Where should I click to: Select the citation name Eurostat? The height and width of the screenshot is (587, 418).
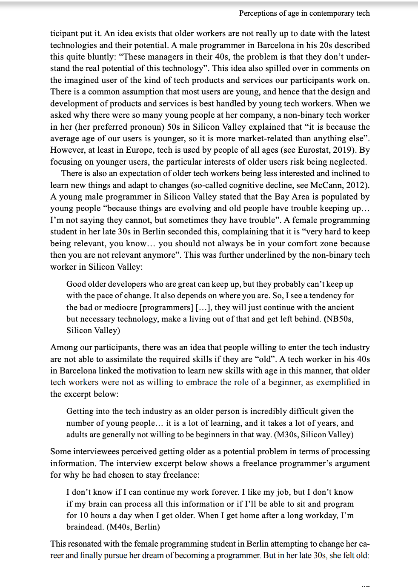314,150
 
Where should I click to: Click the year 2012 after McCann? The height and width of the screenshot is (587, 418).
357,185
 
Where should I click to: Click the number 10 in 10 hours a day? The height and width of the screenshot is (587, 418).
83,515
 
